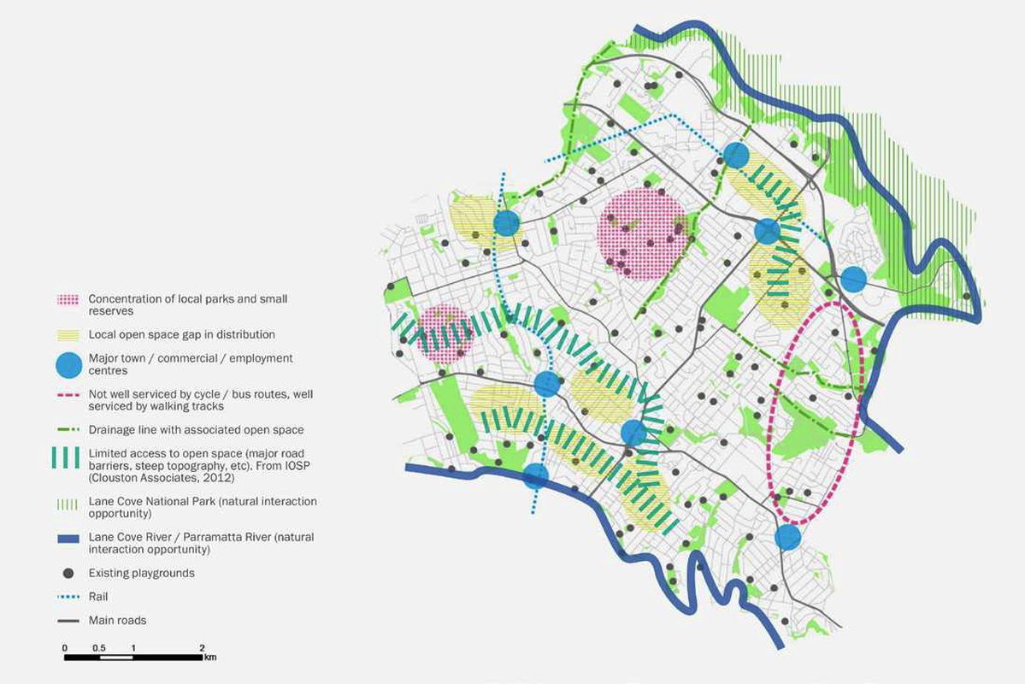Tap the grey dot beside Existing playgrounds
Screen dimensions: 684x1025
69,573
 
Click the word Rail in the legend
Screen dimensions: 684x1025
98,597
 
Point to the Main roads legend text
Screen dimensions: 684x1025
117,621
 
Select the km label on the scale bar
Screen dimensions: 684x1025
209,657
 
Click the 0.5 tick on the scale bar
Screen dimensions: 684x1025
98,648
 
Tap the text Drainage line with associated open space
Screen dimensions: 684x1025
196,430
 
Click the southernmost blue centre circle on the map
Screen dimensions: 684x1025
787,537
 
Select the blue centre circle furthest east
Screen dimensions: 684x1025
853,280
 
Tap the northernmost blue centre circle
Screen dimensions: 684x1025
736,155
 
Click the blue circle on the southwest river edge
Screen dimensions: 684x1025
536,475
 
